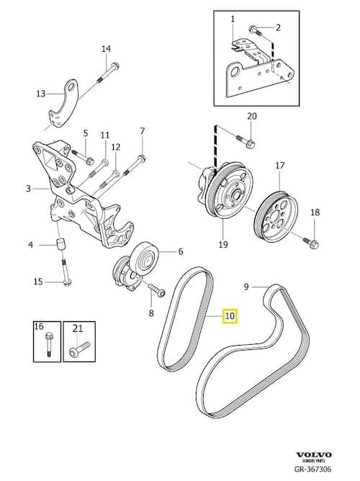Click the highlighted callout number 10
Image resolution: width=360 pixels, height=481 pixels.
(x=230, y=315)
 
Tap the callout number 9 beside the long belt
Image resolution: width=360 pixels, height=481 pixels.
(x=246, y=287)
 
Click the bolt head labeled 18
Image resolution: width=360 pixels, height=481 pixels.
(x=315, y=245)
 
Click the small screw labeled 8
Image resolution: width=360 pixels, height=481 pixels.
(x=157, y=290)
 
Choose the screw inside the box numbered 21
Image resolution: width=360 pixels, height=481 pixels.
(x=79, y=349)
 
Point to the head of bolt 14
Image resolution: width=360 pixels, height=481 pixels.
(x=115, y=66)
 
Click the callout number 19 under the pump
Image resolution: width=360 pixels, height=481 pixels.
(x=223, y=245)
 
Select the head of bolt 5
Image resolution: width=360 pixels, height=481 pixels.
(x=90, y=161)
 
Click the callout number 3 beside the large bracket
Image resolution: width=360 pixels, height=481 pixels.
(x=28, y=188)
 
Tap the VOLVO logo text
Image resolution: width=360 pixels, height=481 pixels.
(x=314, y=454)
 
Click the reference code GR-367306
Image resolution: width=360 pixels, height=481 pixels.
(x=312, y=469)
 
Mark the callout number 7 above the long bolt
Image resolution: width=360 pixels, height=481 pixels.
(x=142, y=131)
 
